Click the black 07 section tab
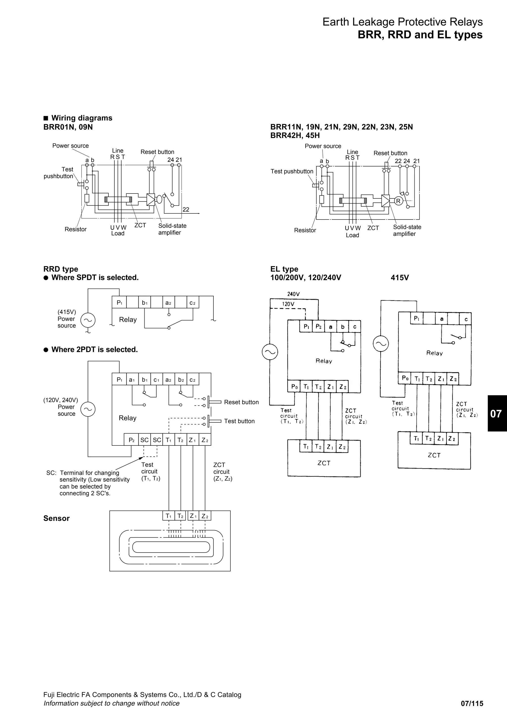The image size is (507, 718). click(x=497, y=414)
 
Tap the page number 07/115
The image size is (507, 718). click(x=472, y=704)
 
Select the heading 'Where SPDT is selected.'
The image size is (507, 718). click(x=95, y=278)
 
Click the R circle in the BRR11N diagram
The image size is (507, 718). click(x=398, y=201)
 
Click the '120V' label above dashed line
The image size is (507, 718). click(x=288, y=304)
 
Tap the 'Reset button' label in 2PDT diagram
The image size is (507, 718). click(x=241, y=402)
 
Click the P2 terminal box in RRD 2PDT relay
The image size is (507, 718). click(x=131, y=440)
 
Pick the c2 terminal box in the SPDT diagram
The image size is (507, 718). click(x=192, y=303)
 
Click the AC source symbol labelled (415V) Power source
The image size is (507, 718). click(x=88, y=320)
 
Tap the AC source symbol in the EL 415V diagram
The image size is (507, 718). click(x=381, y=344)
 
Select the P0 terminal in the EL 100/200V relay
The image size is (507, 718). click(x=294, y=387)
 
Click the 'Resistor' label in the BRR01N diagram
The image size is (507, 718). click(x=76, y=229)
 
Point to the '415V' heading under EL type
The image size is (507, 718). click(x=400, y=278)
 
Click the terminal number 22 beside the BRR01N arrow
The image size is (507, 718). click(x=186, y=210)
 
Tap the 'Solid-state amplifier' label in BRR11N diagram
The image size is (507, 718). click(x=407, y=230)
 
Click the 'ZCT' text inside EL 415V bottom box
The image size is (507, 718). click(x=434, y=455)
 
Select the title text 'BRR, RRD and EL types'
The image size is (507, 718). click(x=420, y=35)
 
